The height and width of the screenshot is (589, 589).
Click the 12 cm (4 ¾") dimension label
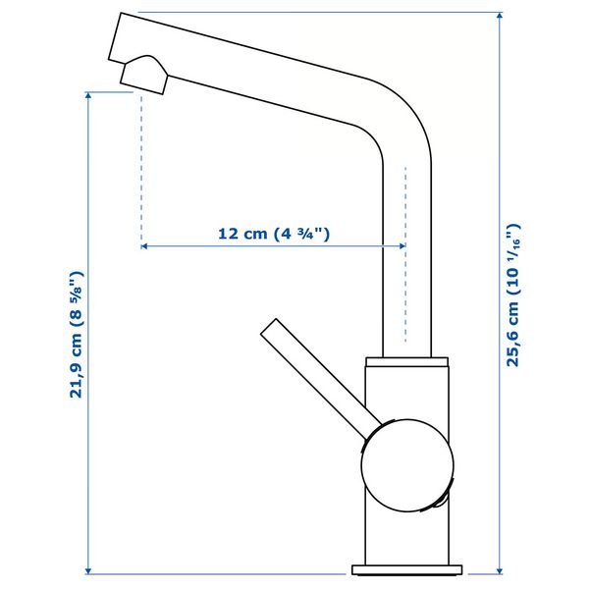pyautogui.click(x=274, y=234)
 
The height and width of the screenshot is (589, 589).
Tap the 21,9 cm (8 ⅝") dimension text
pyautogui.click(x=77, y=335)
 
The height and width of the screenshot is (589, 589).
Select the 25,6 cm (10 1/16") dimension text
pyautogui.click(x=513, y=294)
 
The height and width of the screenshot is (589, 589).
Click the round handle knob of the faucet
pyautogui.click(x=407, y=465)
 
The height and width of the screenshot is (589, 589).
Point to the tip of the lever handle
pyautogui.click(x=268, y=326)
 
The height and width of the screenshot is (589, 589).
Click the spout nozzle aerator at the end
pyautogui.click(x=144, y=75)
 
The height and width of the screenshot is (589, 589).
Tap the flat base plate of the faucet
pyautogui.click(x=407, y=569)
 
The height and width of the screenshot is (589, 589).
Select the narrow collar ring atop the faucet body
pyautogui.click(x=406, y=361)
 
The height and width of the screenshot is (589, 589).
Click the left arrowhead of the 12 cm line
pyautogui.click(x=144, y=246)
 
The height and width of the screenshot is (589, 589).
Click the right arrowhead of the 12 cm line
pyautogui.click(x=402, y=246)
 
